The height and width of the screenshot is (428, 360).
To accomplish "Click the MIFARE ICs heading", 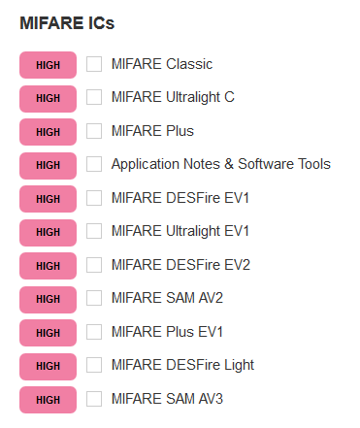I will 67,22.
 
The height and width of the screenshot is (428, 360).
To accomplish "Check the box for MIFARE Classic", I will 94,64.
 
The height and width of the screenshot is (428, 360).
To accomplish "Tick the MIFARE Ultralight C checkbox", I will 94,97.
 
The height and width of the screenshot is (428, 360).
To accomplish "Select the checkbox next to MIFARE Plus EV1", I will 94,332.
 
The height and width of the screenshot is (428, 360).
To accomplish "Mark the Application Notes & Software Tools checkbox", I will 94,164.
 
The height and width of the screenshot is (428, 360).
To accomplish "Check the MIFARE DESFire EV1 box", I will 94,198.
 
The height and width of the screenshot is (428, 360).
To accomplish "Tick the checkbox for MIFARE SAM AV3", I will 94,399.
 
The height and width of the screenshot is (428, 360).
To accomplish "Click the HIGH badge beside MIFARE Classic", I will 48,65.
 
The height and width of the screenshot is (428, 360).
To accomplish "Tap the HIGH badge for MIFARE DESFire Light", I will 48,366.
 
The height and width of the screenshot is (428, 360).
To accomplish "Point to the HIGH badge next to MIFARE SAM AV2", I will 48,299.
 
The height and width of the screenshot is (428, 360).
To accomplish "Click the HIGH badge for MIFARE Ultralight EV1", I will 48,232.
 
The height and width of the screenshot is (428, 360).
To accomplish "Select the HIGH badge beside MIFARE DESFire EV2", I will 48,265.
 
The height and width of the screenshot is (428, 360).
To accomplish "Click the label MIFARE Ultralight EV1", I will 180,231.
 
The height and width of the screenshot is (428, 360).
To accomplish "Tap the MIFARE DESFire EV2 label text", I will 180,265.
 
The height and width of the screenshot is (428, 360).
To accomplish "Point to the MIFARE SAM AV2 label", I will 167,298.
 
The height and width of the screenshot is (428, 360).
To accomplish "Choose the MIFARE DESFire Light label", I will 182,365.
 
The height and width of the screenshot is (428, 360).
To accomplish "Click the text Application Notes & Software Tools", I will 220,164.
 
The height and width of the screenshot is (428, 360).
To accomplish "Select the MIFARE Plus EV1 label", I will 167,332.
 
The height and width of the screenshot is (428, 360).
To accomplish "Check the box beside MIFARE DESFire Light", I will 94,365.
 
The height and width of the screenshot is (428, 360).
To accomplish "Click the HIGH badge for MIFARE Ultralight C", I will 48,98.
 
